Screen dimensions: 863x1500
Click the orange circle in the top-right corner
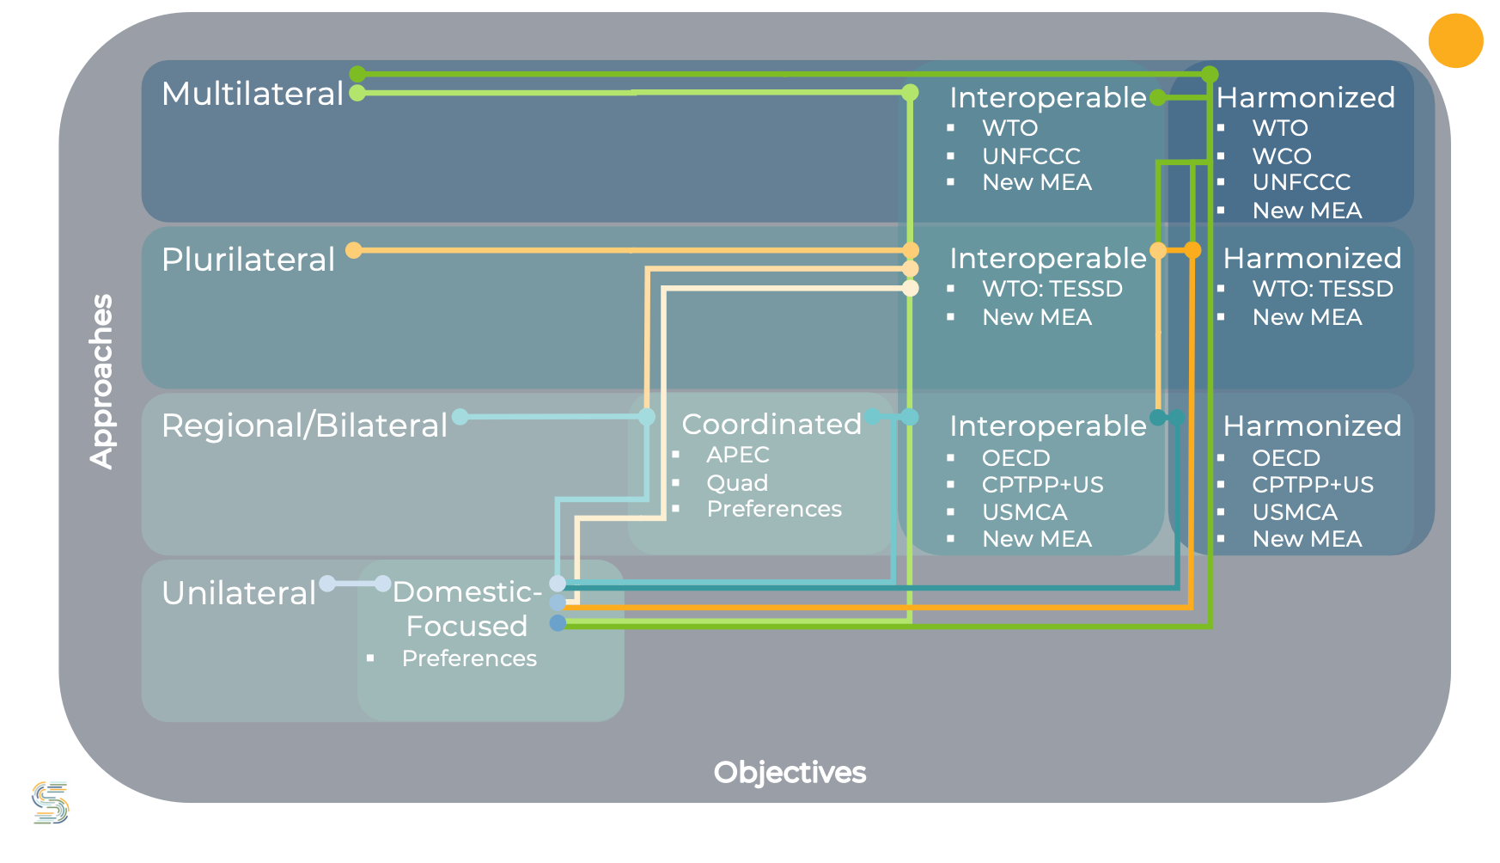[1455, 40]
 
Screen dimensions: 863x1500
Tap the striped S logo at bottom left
[50, 802]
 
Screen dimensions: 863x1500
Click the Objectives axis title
[790, 772]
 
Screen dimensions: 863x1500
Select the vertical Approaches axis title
[102, 381]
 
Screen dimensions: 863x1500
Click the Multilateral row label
[253, 94]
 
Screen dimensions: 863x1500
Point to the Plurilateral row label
[248, 260]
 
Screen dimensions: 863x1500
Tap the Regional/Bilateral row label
[304, 425]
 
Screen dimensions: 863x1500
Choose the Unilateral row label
[239, 593]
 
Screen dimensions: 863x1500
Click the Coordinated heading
[771, 424]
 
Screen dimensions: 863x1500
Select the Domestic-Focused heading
[466, 609]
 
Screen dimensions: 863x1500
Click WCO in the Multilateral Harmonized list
[1282, 156]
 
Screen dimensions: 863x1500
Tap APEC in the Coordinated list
[738, 455]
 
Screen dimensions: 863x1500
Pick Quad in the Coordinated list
[737, 483]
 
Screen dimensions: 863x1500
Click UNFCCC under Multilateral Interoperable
[1031, 156]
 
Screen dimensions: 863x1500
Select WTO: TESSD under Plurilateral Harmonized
[1322, 289]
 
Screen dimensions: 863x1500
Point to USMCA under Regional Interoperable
[1024, 512]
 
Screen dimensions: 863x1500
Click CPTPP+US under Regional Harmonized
[1312, 485]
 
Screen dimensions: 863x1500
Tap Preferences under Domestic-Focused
[469, 658]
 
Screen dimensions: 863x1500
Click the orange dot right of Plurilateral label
[354, 250]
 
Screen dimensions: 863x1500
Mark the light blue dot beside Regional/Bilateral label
[460, 417]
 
